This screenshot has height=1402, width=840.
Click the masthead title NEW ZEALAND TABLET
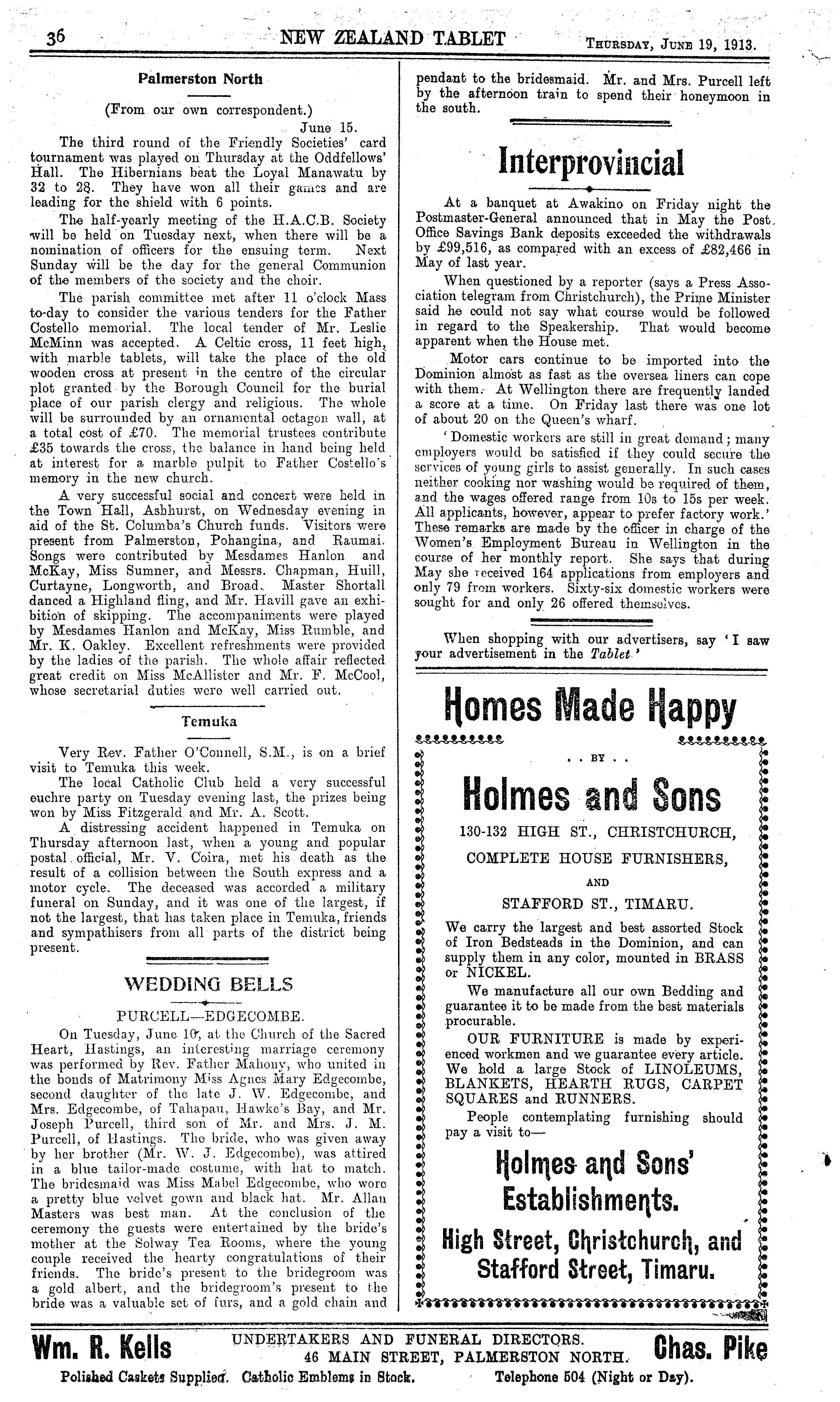(x=393, y=38)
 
